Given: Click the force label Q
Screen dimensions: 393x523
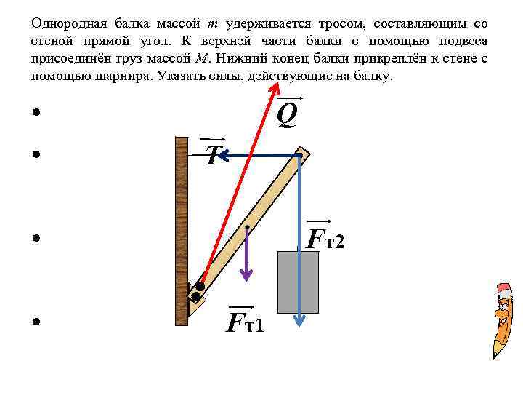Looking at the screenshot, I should (288, 113).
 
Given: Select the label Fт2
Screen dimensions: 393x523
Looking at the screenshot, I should (324, 237).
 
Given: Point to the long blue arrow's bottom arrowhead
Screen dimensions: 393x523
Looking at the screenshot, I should (299, 320).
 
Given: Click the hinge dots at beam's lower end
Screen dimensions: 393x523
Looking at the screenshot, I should (197, 291).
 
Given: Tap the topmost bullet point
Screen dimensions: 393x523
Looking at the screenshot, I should (35, 113).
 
